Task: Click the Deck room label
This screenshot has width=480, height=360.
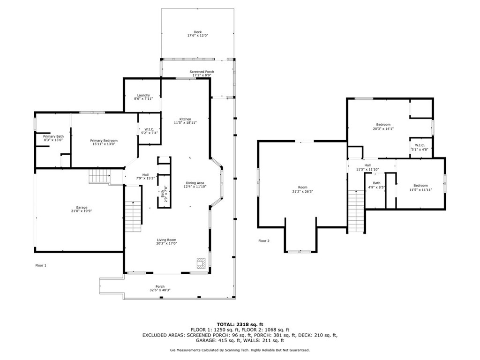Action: [x=197, y=32]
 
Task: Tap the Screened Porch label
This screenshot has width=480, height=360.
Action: [x=202, y=72]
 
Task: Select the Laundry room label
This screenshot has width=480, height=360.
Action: [x=143, y=95]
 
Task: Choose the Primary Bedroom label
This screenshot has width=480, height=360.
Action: [x=104, y=141]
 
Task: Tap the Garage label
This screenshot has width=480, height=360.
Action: [x=82, y=207]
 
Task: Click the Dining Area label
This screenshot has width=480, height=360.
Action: [x=195, y=183]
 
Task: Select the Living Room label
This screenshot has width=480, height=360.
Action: [x=166, y=240]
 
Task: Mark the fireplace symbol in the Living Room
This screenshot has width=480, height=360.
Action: [x=201, y=263]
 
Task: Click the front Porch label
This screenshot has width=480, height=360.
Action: [x=160, y=287]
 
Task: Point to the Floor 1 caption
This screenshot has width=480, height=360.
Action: [x=41, y=265]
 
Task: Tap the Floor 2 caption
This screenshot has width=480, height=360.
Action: [x=264, y=241]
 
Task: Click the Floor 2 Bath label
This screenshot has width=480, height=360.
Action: [x=376, y=183]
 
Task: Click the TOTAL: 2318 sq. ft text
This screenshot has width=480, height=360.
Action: [x=240, y=324]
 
